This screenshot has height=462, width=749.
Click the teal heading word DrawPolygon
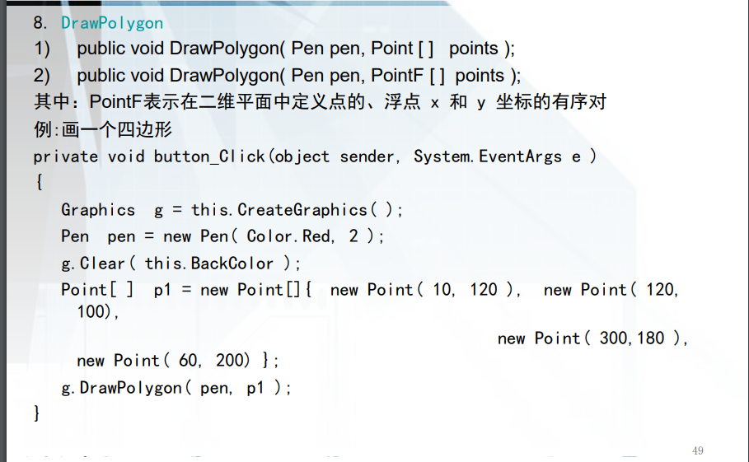click(111, 23)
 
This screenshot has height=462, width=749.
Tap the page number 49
click(698, 450)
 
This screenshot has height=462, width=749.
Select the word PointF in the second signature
click(397, 76)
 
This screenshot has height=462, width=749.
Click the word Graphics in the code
click(98, 210)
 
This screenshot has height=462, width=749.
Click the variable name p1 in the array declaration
click(163, 290)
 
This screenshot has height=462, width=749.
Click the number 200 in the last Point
click(232, 361)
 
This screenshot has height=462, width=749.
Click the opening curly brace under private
click(38, 183)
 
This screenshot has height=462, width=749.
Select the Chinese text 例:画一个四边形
click(102, 130)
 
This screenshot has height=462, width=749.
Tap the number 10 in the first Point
click(442, 290)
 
